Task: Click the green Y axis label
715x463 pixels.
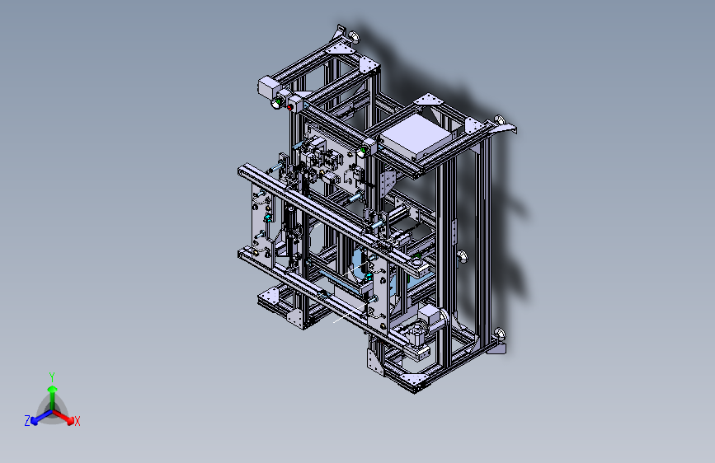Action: coord(52,377)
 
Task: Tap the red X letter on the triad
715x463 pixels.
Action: coord(77,422)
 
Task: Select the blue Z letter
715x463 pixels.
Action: coord(27,421)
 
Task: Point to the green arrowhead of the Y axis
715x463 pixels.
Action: coord(53,389)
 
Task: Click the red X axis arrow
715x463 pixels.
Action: coord(64,417)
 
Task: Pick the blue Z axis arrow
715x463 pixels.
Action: coord(41,417)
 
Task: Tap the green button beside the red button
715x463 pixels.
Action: coord(278,101)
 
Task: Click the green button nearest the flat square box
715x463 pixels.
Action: coord(365,150)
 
